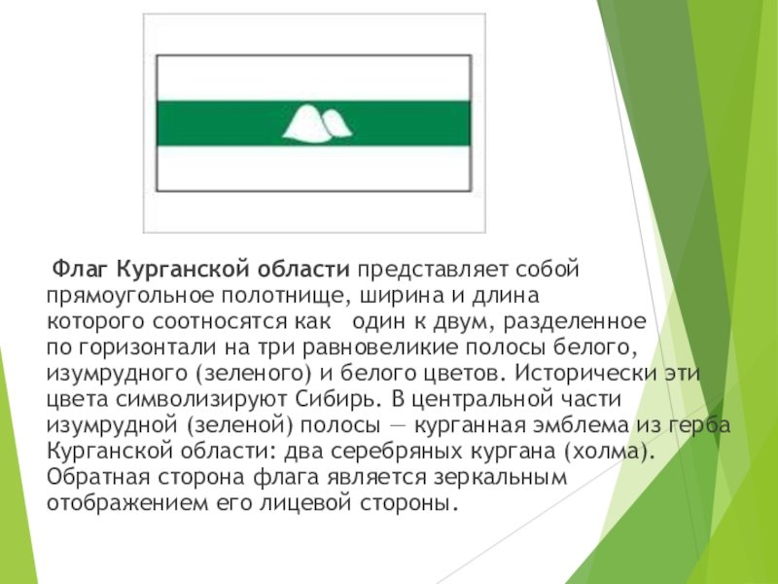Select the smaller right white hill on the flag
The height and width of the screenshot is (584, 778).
[x=336, y=124]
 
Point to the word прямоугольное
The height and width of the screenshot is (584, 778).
[x=128, y=297]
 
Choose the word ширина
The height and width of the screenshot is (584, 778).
[x=402, y=296]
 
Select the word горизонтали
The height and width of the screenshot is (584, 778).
[x=147, y=347]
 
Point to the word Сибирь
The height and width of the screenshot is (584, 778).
[x=338, y=399]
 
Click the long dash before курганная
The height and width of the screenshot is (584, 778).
[x=397, y=426]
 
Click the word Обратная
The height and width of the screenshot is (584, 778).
[x=98, y=477]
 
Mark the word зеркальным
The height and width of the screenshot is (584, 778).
[x=500, y=478]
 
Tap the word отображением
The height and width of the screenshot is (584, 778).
[x=128, y=503]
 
